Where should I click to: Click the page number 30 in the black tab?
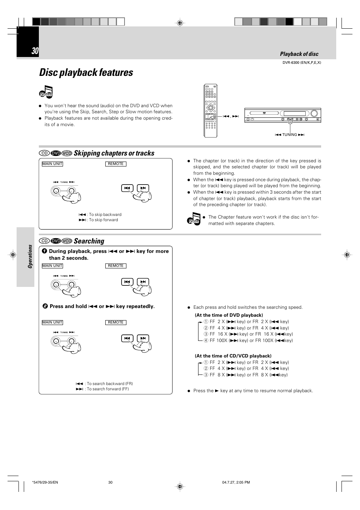(35, 51)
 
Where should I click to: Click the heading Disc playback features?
(86, 72)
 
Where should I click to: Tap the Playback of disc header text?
(299, 54)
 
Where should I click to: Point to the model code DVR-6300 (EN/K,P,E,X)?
(302, 63)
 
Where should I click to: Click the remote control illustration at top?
(211, 111)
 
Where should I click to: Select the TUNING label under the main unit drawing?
(289, 135)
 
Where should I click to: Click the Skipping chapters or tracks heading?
(114, 153)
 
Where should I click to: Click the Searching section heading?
(89, 241)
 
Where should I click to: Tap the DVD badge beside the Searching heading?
(56, 241)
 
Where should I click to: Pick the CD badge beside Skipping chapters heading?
(45, 153)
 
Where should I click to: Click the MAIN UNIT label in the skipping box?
(52, 164)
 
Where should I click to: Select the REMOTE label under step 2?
(115, 322)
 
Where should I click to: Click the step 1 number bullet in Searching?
(45, 251)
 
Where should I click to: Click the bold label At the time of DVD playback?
(229, 315)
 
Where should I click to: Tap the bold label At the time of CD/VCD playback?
(233, 356)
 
